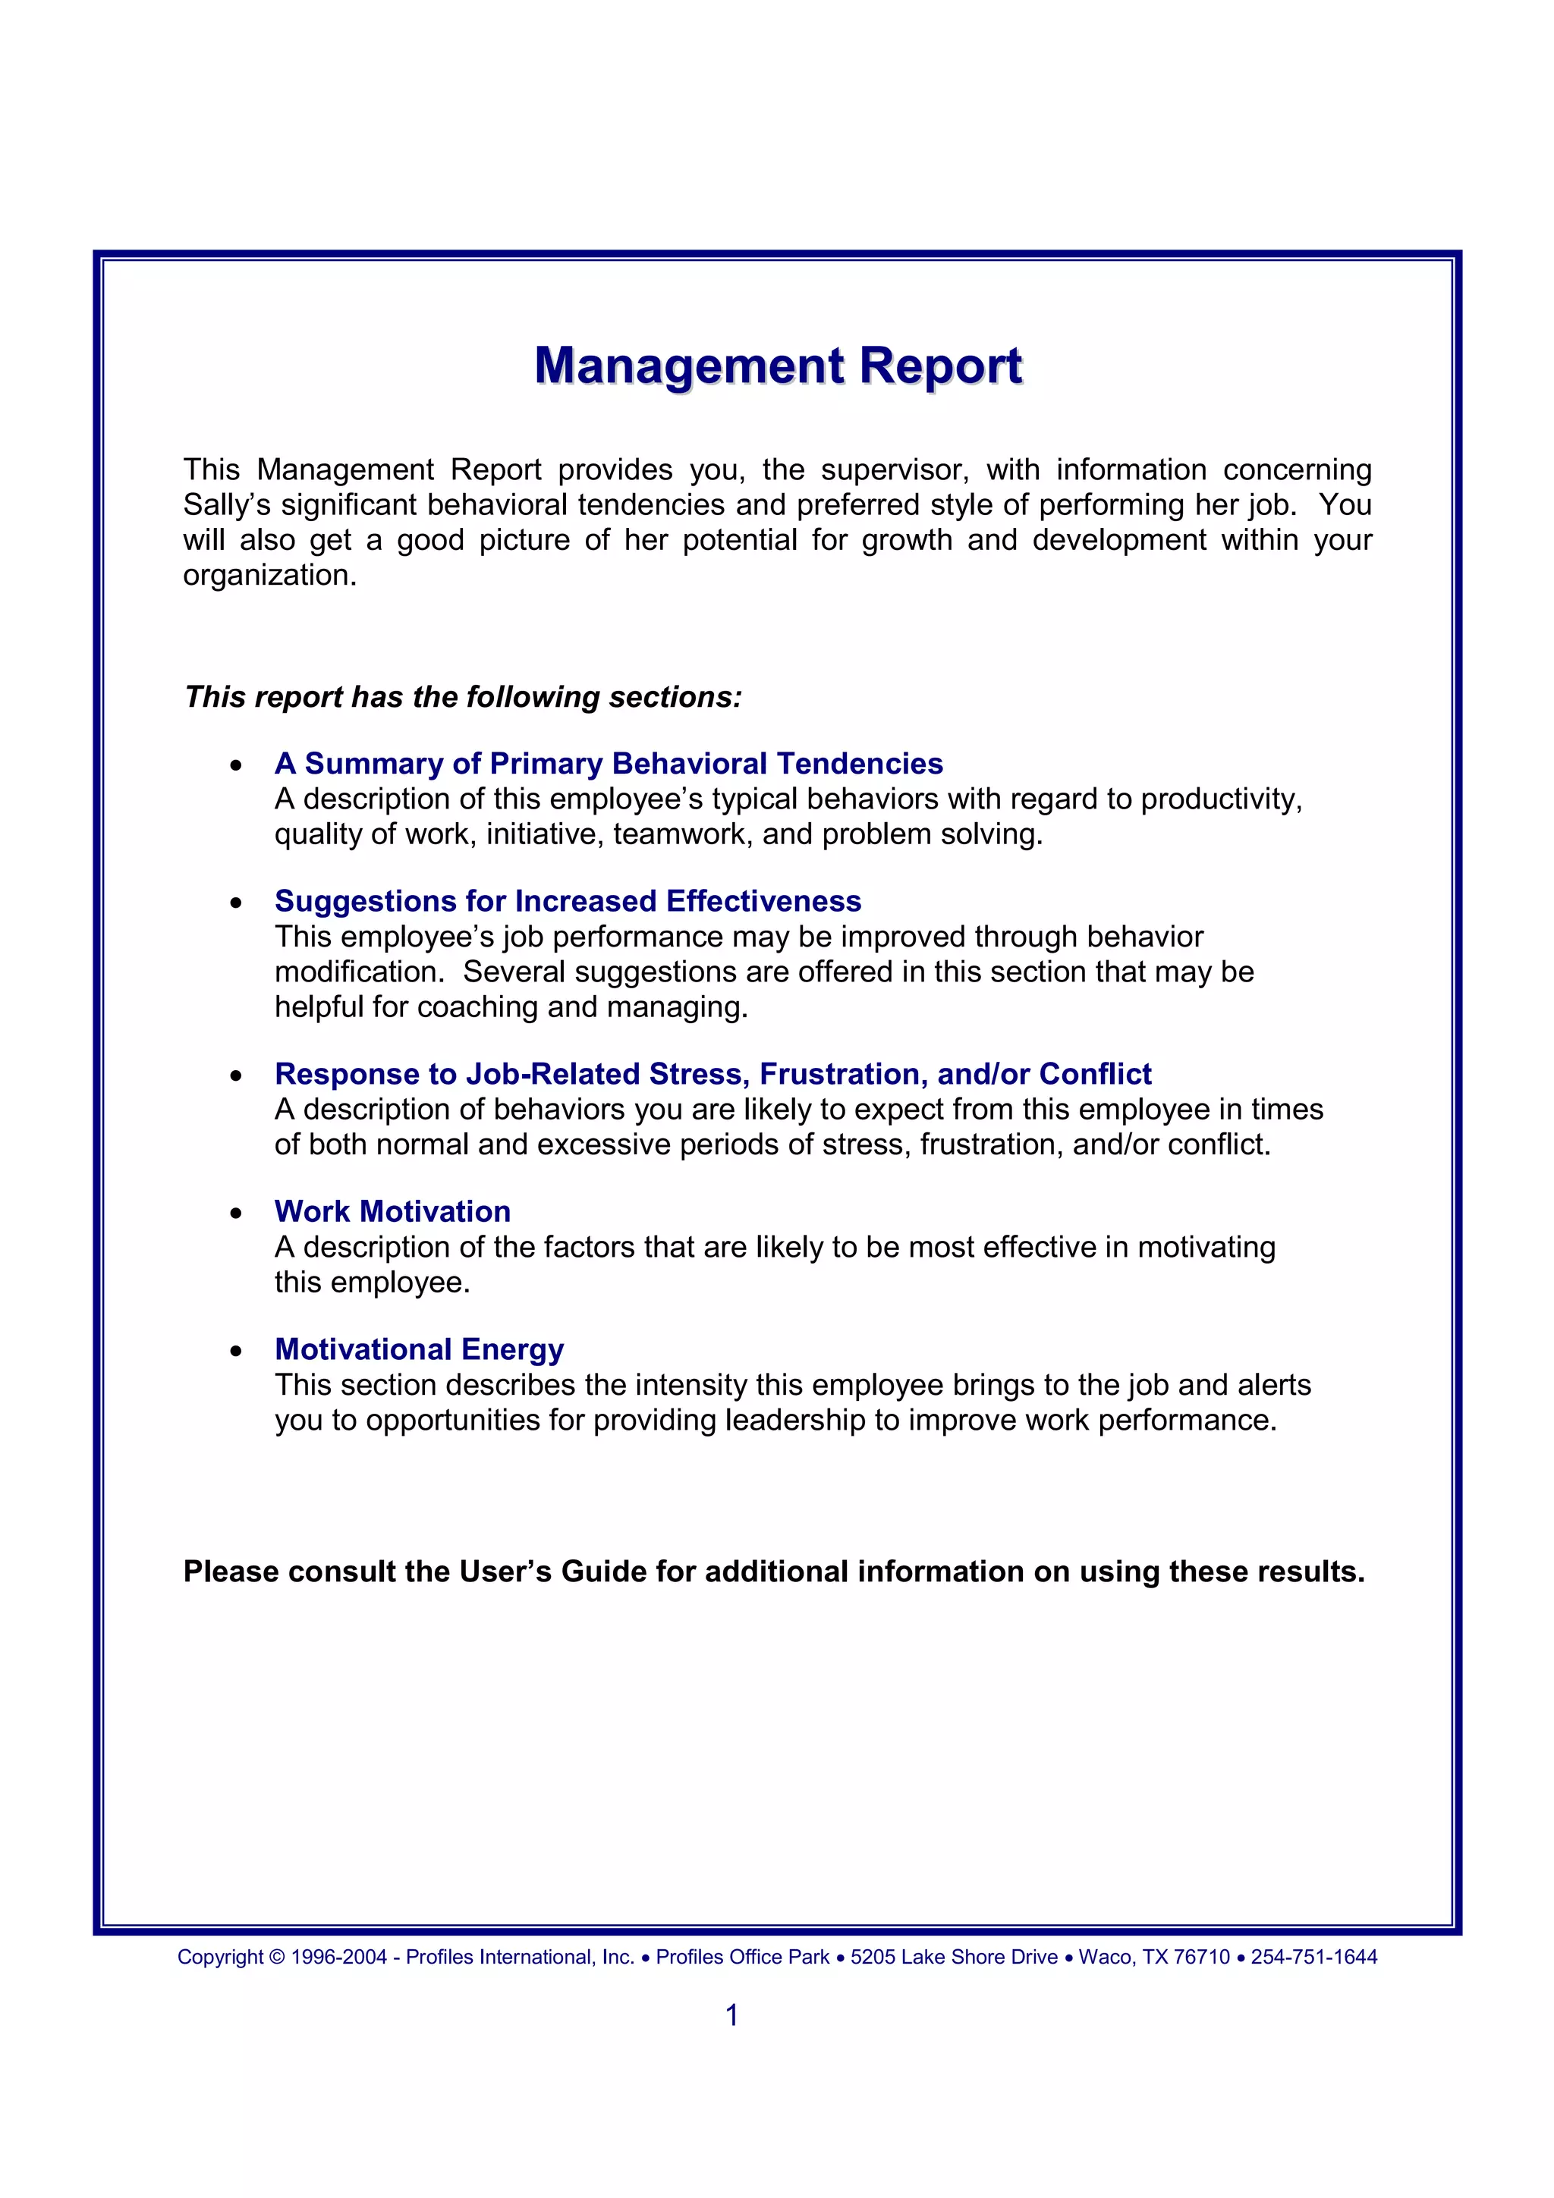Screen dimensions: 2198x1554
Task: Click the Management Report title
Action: tap(778, 366)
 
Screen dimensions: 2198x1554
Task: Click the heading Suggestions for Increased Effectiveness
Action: tap(568, 901)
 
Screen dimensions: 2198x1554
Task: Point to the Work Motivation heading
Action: tap(392, 1211)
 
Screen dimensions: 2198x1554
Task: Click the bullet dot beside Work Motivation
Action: tap(235, 1214)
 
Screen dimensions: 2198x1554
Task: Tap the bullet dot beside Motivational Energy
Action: tap(235, 1352)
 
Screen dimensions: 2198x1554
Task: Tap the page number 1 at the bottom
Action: tap(731, 2015)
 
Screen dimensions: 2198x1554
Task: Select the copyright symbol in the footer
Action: tap(277, 1957)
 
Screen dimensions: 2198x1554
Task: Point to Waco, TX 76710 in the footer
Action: tap(1154, 1957)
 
